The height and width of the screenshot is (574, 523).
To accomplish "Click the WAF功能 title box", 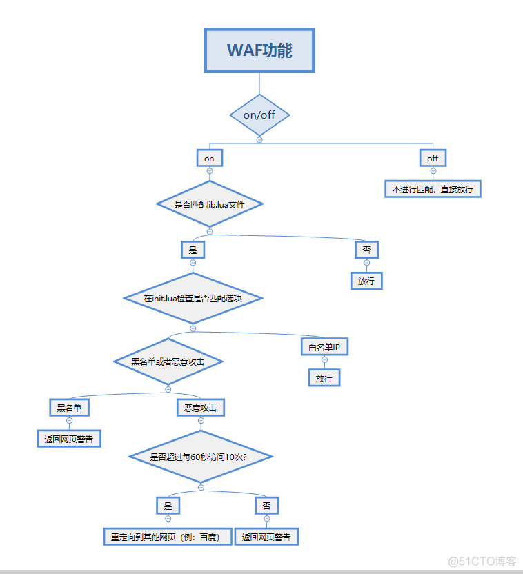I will pyautogui.click(x=259, y=50).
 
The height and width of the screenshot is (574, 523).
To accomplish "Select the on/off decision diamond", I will pyautogui.click(x=259, y=115).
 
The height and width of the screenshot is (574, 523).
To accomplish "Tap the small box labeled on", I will pyautogui.click(x=209, y=158).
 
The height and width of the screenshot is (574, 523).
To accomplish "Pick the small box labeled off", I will pyautogui.click(x=433, y=158).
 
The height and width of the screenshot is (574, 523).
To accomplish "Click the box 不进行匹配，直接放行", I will pyautogui.click(x=433, y=188).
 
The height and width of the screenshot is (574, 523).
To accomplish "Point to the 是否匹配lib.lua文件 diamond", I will pyautogui.click(x=209, y=204).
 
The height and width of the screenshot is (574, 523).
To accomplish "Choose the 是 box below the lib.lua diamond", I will pyautogui.click(x=193, y=250).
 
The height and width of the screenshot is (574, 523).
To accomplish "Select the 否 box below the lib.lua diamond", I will pyautogui.click(x=366, y=250).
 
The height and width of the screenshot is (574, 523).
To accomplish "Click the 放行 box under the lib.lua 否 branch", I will pyautogui.click(x=366, y=281).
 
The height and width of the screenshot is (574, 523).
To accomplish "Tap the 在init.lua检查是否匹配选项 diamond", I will pyautogui.click(x=193, y=298).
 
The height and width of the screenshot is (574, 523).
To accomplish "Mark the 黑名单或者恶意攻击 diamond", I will pyautogui.click(x=168, y=361).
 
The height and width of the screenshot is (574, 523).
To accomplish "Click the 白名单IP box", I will pyautogui.click(x=324, y=346).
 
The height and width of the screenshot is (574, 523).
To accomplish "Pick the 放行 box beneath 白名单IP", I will pyautogui.click(x=324, y=378).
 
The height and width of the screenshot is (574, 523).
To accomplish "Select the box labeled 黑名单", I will pyautogui.click(x=69, y=408).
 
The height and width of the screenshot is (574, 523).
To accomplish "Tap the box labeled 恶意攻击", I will pyautogui.click(x=201, y=408).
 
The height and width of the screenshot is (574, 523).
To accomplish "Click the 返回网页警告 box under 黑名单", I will pyautogui.click(x=69, y=438).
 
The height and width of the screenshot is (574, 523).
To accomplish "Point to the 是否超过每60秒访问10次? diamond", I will pyautogui.click(x=201, y=457).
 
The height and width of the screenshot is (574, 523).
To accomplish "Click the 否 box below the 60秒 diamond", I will pyautogui.click(x=266, y=506).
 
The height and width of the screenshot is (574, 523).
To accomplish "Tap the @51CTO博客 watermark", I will pyautogui.click(x=482, y=560).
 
